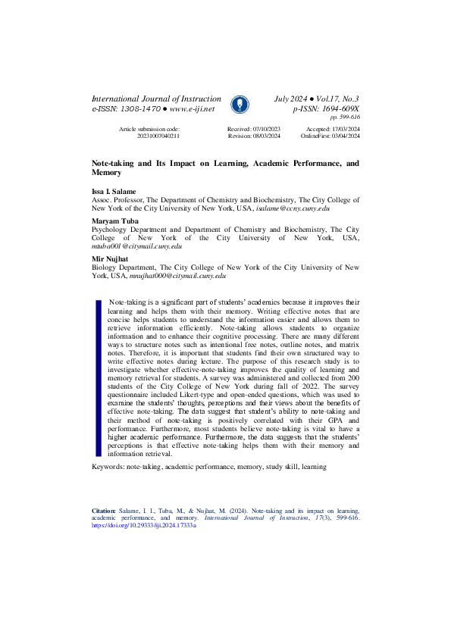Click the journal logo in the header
pos(239,105)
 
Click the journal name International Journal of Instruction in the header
pos(156,99)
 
